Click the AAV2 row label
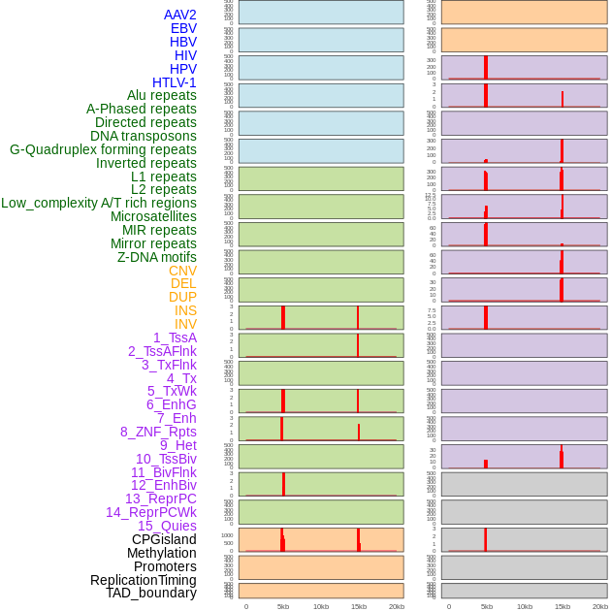(x=179, y=15)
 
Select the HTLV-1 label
(x=174, y=82)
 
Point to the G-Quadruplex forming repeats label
(x=103, y=149)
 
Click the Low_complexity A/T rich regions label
(x=99, y=203)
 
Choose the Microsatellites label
(x=153, y=216)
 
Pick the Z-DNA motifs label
(x=156, y=257)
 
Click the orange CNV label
(x=182, y=271)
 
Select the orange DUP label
(x=182, y=297)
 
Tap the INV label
(x=185, y=324)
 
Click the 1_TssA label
(x=175, y=338)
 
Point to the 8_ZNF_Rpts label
(x=158, y=432)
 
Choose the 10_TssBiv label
(x=166, y=459)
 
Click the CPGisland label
(x=164, y=539)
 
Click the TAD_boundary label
(x=150, y=593)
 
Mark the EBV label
(x=183, y=28)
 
